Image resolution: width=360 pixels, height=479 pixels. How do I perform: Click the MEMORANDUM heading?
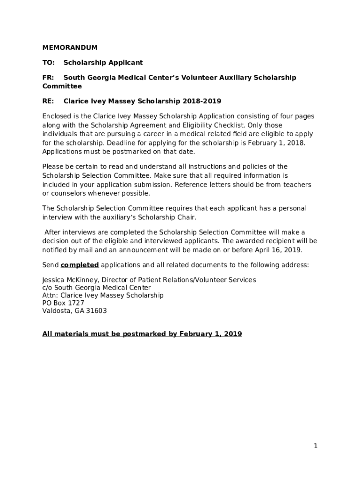click(70, 48)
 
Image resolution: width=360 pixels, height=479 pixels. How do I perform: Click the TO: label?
click(49, 63)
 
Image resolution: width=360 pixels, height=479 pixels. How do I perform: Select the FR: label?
click(48, 78)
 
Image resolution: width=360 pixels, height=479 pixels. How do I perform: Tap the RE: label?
click(48, 101)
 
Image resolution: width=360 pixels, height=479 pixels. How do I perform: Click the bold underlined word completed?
click(79, 265)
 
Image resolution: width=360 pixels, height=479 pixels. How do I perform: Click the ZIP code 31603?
click(96, 311)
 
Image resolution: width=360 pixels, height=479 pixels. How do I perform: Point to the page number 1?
click(316, 446)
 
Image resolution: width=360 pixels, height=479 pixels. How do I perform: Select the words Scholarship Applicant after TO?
click(103, 63)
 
